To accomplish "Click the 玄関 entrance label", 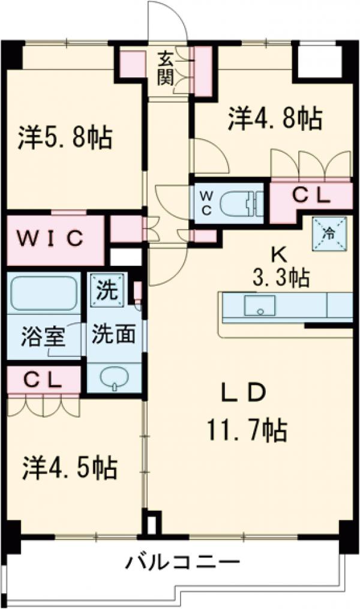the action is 167,68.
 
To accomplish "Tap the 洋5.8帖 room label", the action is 65,138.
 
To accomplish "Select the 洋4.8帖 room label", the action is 275,118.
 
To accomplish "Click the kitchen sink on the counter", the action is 260,305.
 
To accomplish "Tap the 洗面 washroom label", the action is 113,334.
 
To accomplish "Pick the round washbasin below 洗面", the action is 114,378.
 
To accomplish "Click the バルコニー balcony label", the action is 183,564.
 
